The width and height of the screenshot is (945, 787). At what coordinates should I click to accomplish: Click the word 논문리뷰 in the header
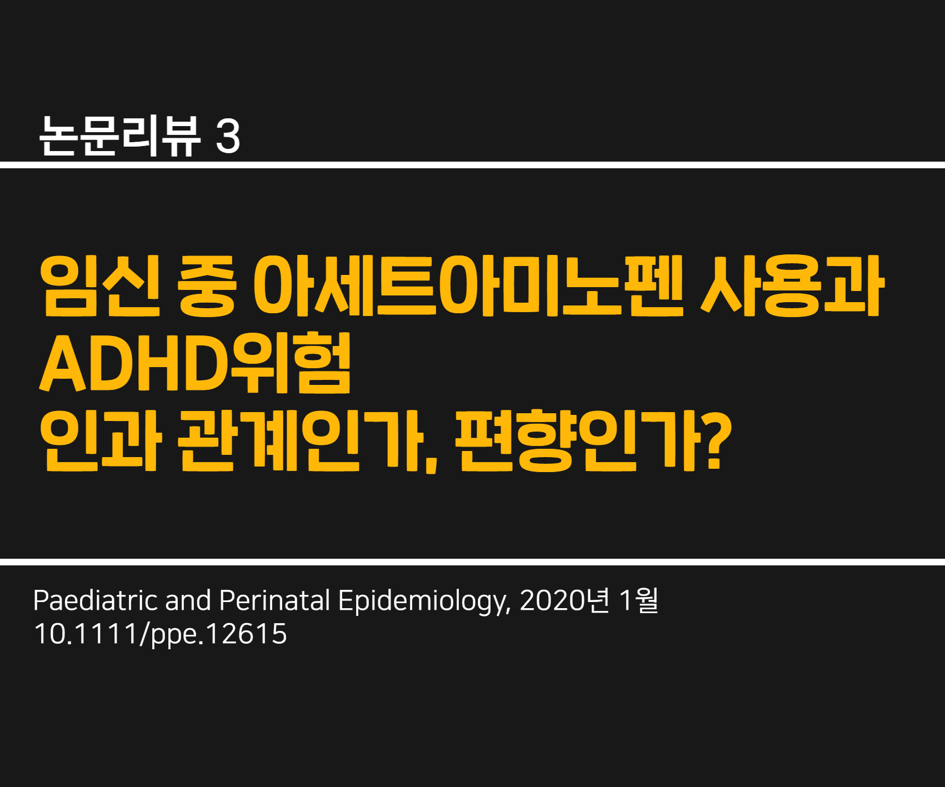pos(120,136)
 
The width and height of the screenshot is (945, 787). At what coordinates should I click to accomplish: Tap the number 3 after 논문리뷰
pos(228,137)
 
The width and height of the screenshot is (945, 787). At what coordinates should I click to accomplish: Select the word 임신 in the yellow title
pos(100,286)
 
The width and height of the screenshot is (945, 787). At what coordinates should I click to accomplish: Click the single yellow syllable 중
pos(207,286)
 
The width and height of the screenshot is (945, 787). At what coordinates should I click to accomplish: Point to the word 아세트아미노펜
pos(468,286)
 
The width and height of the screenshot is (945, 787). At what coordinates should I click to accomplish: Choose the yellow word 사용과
pos(792,286)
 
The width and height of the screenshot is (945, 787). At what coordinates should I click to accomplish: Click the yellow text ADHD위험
pos(195,363)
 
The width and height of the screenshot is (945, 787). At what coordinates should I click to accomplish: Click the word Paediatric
pos(95,600)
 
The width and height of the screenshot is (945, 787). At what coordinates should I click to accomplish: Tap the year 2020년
pos(564,600)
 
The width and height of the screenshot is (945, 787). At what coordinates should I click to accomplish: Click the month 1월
pos(639,600)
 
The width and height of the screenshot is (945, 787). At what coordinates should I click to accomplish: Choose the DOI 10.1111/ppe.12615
pos(161,634)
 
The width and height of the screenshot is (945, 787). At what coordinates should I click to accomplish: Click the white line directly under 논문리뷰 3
pos(472,165)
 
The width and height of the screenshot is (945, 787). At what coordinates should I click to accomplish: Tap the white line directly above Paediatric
pos(472,562)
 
